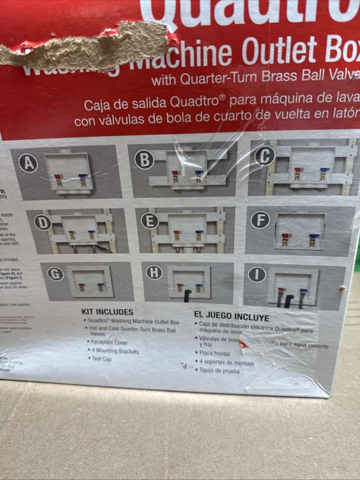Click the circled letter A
tap(29, 164)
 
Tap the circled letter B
tap(145, 160)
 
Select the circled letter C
tap(265, 156)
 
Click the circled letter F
tap(260, 221)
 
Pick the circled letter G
tap(56, 274)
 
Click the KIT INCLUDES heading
tap(107, 312)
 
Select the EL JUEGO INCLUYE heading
tap(231, 316)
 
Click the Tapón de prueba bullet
tap(219, 371)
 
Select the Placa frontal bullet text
tap(214, 353)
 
